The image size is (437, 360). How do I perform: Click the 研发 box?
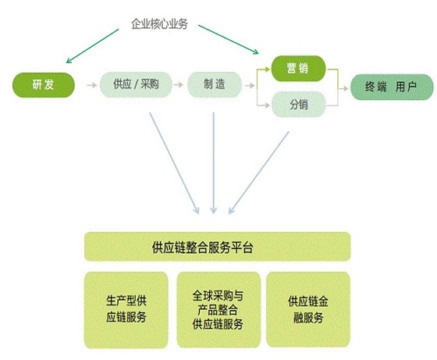click(x=44, y=85)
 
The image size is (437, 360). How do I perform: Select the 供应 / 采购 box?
click(x=136, y=84)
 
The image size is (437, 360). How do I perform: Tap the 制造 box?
click(x=215, y=84)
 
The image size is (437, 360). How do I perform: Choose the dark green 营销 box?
click(x=298, y=69)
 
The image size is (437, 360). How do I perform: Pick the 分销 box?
click(x=298, y=105)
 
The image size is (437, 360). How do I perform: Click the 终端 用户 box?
click(x=392, y=87)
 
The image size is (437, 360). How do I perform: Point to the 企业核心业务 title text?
click(x=159, y=24)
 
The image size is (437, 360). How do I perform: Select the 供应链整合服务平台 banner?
click(x=218, y=247)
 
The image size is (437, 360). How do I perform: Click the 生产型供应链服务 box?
click(x=126, y=310)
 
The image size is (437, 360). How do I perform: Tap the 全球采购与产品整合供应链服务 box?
click(x=218, y=310)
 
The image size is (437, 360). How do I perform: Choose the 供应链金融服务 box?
click(x=308, y=309)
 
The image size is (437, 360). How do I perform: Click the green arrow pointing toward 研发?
click(x=93, y=46)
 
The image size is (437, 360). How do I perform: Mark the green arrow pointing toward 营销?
click(x=229, y=39)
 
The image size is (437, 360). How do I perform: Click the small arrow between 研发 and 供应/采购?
click(x=92, y=85)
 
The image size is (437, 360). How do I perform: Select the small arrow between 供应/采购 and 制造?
click(x=179, y=85)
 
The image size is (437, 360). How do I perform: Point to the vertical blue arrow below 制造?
click(x=214, y=163)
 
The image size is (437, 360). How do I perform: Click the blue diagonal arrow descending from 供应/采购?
click(x=175, y=163)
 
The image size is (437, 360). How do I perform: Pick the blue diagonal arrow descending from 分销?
click(x=259, y=173)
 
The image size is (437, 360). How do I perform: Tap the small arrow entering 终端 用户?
click(x=343, y=88)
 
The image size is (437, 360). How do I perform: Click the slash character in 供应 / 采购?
click(x=136, y=84)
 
